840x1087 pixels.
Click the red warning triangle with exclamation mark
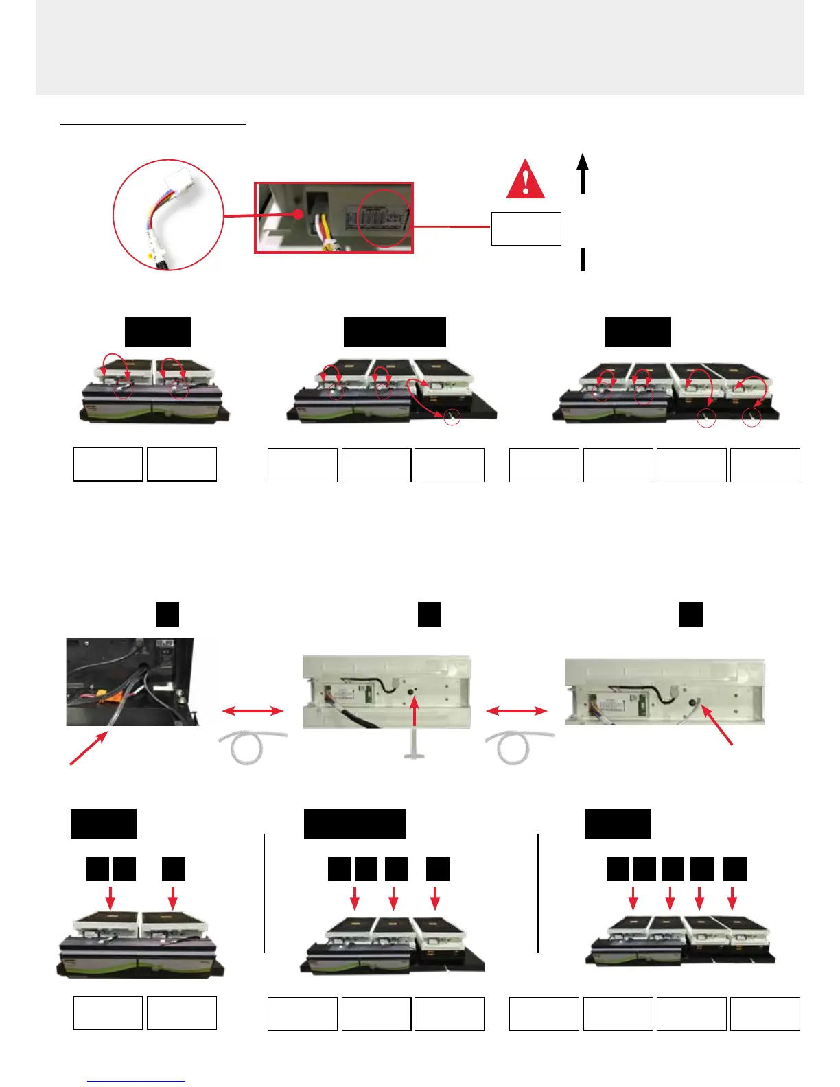tap(526, 180)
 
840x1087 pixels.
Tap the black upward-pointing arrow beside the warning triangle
tap(583, 173)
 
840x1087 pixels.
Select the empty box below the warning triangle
tap(526, 229)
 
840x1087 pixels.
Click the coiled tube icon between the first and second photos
tap(252, 747)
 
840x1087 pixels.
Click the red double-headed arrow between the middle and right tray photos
tap(517, 711)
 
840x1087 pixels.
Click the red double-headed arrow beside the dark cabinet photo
tap(253, 711)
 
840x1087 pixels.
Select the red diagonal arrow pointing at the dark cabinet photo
tap(89, 748)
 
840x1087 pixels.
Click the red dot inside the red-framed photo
tap(298, 213)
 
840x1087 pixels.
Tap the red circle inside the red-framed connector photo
tap(385, 218)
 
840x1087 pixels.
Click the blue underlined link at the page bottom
tap(136, 1081)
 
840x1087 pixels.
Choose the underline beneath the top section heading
tap(152, 125)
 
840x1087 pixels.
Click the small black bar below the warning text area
tap(583, 260)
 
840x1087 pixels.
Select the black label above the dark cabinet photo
tap(167, 613)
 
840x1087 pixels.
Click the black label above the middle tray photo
tap(429, 613)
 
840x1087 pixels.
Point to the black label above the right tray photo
tap(690, 613)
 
